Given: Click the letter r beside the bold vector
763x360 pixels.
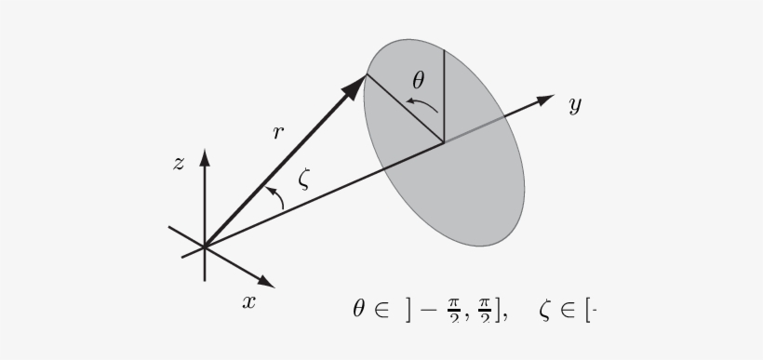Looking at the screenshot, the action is (x=277, y=133).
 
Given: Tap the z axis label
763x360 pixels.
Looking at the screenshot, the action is (x=179, y=165).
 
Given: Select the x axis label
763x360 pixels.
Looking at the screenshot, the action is (x=248, y=301).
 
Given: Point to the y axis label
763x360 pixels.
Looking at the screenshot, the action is (x=575, y=105).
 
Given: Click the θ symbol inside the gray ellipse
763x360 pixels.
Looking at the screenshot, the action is (x=419, y=81).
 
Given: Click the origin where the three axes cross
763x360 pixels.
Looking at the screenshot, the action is (x=205, y=247).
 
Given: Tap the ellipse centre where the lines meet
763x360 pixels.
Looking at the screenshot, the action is (x=443, y=141).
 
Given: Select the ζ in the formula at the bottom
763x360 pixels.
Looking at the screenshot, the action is (x=544, y=312).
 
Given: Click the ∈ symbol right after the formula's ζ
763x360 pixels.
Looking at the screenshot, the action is (x=567, y=312).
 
